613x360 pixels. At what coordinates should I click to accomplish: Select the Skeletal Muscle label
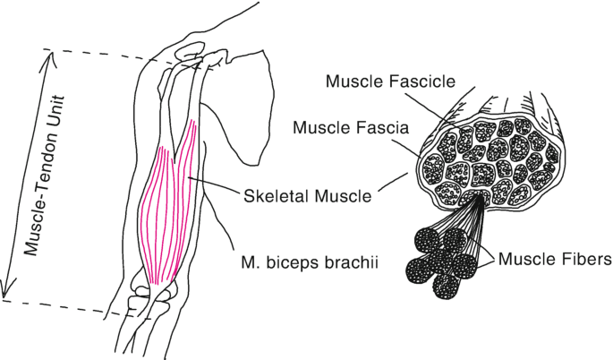tap(307, 194)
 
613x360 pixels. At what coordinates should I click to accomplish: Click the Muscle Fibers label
tap(555, 261)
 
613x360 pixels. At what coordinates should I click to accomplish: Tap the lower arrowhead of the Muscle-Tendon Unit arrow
tap(8, 292)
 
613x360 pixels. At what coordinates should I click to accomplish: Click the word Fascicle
tap(419, 82)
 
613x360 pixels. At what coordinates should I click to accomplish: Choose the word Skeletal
tap(273, 194)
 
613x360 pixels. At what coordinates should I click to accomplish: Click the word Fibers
tap(585, 261)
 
